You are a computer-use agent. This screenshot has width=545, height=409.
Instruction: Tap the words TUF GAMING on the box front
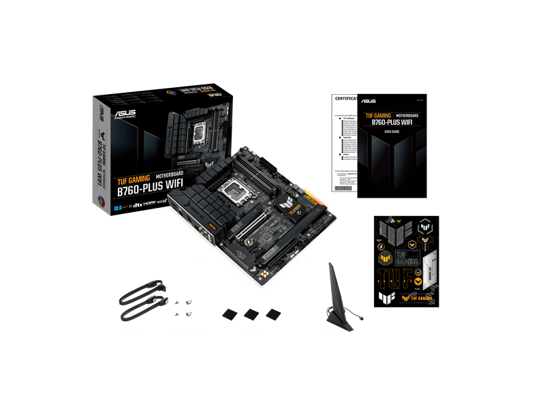pos(134,179)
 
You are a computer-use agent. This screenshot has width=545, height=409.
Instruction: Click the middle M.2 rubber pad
pos(251,313)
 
